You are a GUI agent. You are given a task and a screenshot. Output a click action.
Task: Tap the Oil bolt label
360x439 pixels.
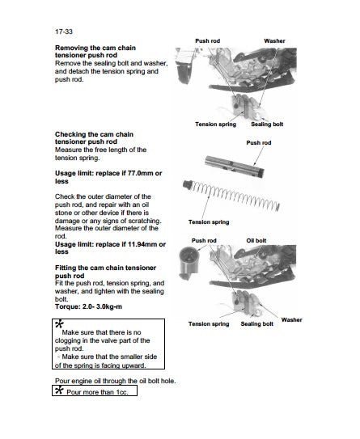coord(256,240)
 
